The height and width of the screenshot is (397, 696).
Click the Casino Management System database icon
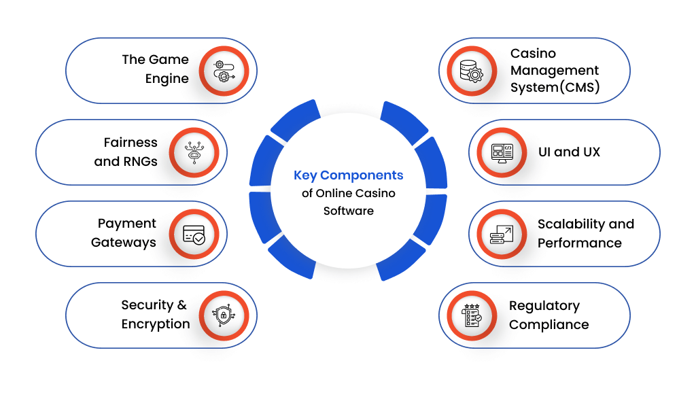pos(471,71)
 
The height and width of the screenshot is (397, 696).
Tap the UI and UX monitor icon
pos(502,152)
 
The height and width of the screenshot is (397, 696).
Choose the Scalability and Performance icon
pos(502,234)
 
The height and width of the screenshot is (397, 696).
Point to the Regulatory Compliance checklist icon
pos(471,315)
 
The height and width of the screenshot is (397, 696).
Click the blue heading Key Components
pos(348,175)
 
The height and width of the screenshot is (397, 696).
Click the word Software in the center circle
pos(348,211)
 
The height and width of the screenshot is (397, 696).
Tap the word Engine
pos(167,79)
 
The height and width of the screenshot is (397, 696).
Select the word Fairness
pos(130,143)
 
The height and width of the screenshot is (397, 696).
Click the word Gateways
pos(124,243)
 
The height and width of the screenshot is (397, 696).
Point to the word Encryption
pos(156,324)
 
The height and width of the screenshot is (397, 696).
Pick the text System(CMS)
pos(555,88)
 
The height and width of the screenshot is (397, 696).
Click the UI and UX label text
pos(569,152)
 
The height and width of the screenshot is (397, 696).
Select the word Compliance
pos(549,325)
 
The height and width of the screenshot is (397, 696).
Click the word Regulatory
pos(544,306)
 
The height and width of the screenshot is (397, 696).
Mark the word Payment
pos(127,224)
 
